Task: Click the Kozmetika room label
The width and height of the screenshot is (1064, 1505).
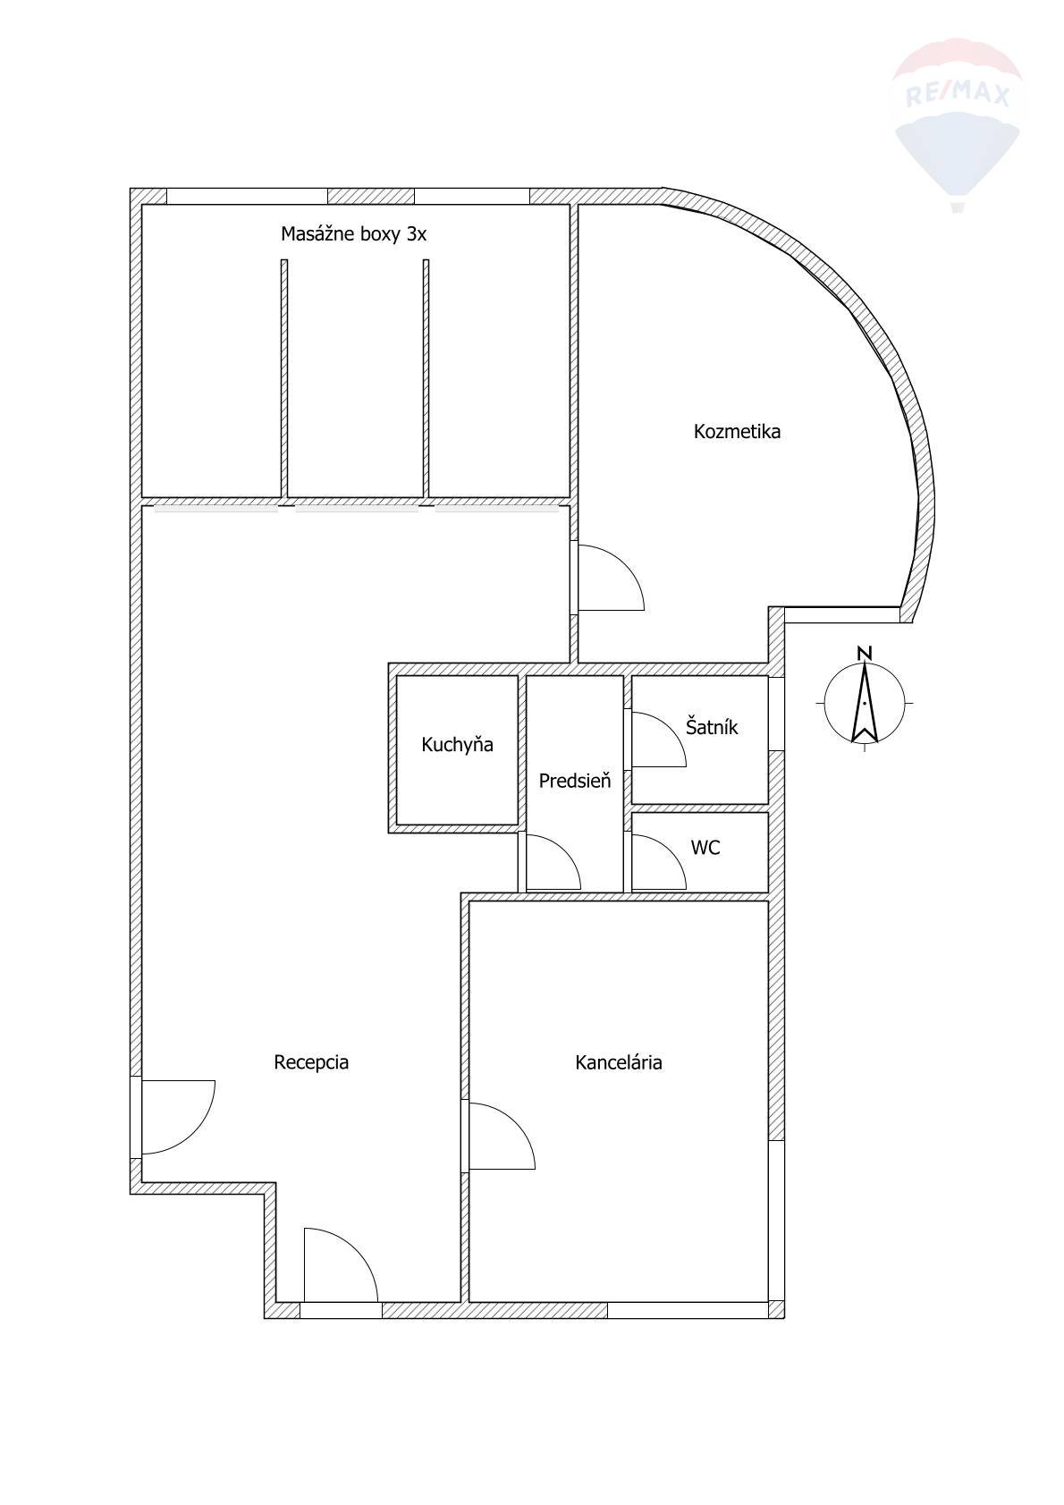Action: [737, 431]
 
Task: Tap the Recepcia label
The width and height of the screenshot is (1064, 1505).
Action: [311, 1062]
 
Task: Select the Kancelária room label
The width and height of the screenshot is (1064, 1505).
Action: [619, 1062]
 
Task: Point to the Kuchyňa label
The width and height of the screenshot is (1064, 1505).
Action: [458, 744]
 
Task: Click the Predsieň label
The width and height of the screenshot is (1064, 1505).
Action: [575, 781]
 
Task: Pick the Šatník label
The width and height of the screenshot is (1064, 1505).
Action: [712, 726]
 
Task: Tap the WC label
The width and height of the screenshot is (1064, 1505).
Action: [705, 847]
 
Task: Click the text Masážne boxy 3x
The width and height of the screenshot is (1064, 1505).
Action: [353, 233]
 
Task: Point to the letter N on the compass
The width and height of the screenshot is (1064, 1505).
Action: [865, 653]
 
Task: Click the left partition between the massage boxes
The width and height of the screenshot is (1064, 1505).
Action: [284, 380]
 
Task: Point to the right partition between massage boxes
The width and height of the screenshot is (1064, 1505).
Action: [426, 380]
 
